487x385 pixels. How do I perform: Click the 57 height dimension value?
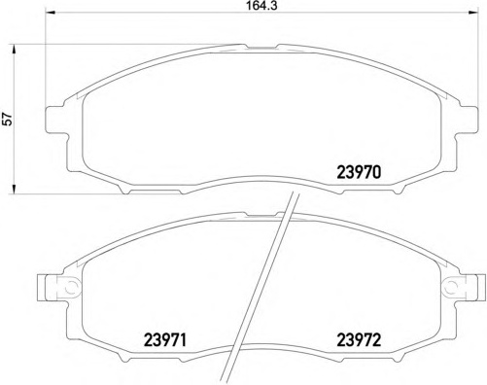click(x=9, y=119)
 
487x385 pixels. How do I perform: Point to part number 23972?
click(x=358, y=340)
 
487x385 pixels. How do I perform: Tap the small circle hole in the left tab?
click(x=69, y=286)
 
